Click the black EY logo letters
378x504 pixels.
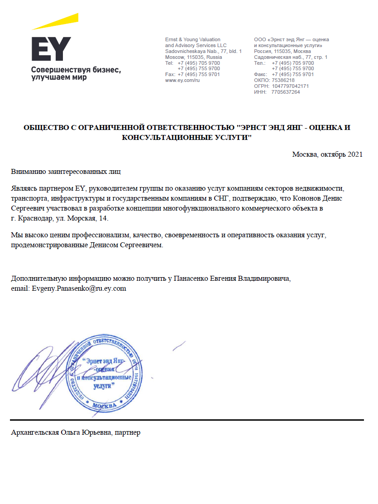51,49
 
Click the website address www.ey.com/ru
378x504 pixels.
182,80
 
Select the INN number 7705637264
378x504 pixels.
286,92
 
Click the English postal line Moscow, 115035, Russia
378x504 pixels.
193,57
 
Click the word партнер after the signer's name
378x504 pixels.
128,432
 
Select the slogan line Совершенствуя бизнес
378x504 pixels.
76,70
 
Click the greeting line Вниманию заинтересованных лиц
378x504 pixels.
66,172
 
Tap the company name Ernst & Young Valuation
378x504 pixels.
193,40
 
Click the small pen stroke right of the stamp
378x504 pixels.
179,346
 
